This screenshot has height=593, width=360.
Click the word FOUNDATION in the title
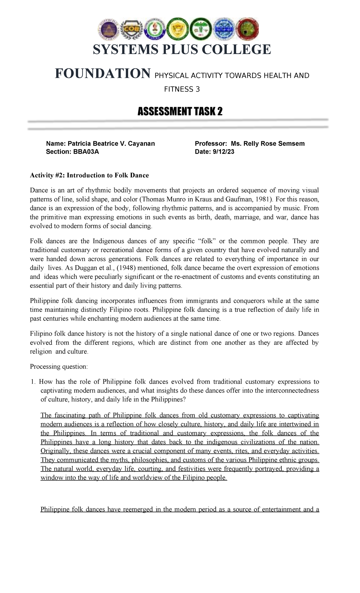pos(102,74)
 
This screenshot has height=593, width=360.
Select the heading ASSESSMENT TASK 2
pos(180,112)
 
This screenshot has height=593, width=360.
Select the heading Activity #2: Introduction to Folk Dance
pos(89,175)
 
